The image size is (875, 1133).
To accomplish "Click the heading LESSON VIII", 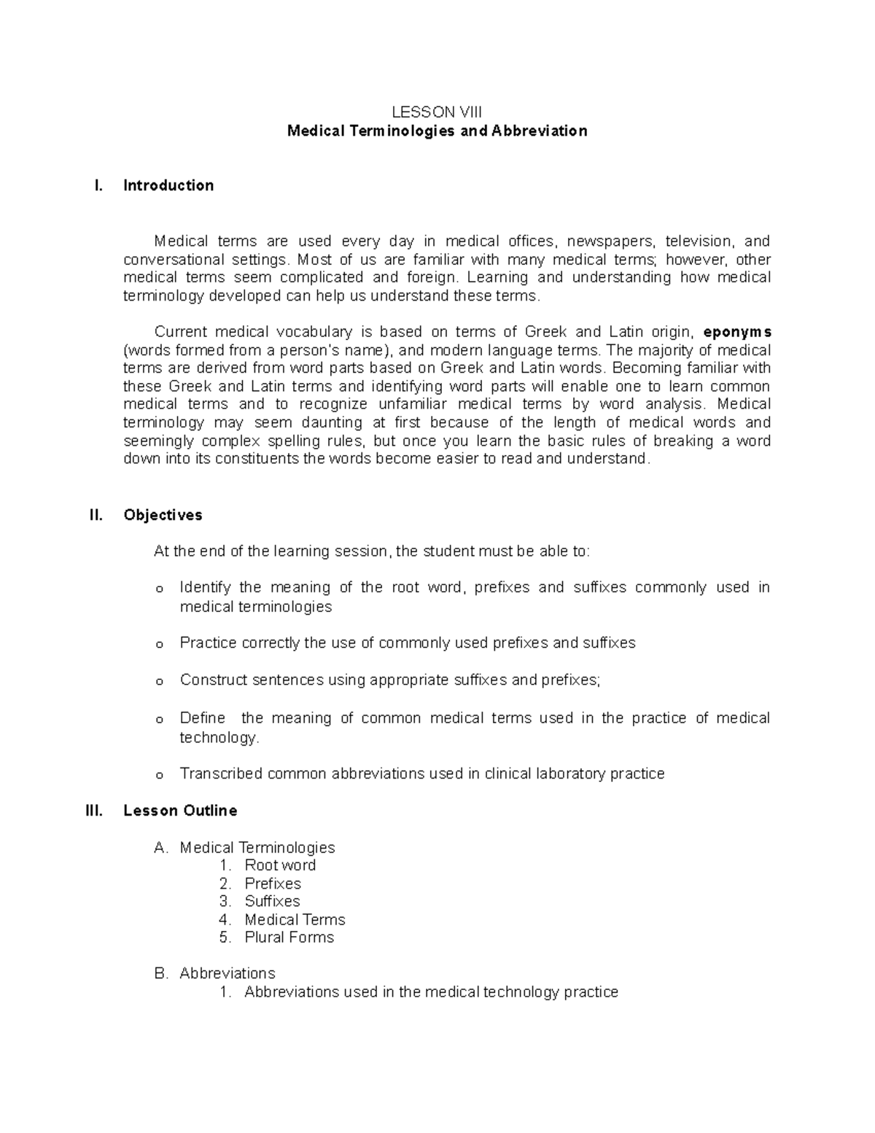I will tap(437, 112).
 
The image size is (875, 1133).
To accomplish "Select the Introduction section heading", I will tap(168, 185).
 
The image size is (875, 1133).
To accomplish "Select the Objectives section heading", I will tap(163, 515).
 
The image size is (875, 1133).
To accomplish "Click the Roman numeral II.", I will tap(96, 515).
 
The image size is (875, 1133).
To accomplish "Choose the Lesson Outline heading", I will tap(180, 811).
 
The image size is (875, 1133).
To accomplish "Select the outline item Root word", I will tap(280, 865).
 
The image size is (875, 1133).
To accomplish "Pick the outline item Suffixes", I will tap(272, 901).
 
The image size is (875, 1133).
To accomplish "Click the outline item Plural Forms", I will tap(289, 937).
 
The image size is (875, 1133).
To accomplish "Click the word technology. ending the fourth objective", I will tap(219, 738).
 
